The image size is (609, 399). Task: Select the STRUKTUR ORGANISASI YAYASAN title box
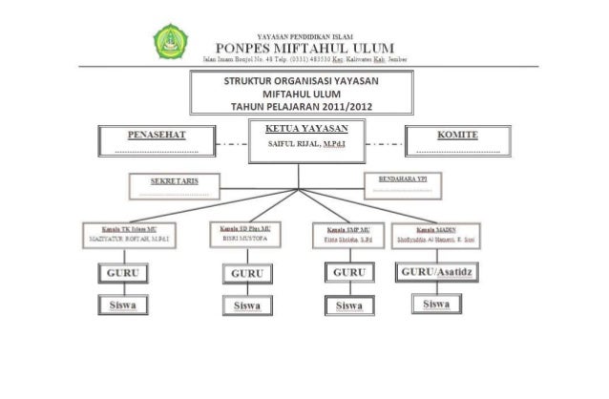pos(304,93)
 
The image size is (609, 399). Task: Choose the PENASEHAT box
pos(156,141)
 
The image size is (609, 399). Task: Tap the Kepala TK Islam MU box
pos(126,235)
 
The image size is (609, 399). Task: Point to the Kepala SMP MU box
pos(347,236)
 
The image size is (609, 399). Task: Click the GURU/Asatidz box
pos(436,273)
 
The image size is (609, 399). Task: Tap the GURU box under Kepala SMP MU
pos(348,274)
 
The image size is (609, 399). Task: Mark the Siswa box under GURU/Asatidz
pos(436,304)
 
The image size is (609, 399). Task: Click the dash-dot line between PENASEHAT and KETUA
pos(227,144)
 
